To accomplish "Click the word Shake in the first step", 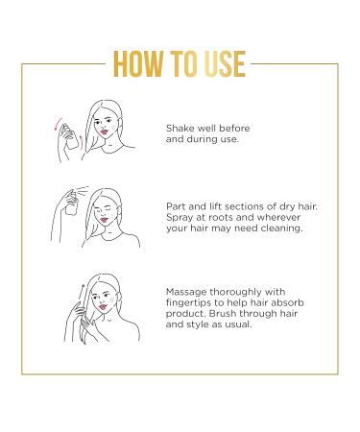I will click(180, 127).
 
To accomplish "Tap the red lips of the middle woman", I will click(120, 226).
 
